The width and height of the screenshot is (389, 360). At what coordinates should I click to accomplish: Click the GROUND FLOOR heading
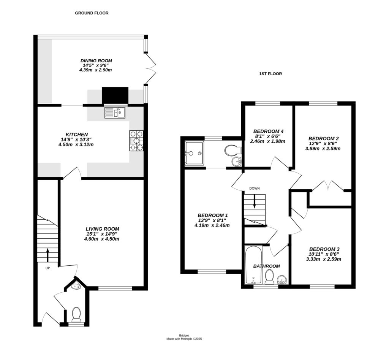click(x=92, y=13)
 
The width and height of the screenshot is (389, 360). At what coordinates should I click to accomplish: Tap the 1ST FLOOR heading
click(x=268, y=74)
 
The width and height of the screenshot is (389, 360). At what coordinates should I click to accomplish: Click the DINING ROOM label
click(x=96, y=60)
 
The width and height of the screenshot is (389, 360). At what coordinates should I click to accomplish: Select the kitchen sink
click(x=115, y=113)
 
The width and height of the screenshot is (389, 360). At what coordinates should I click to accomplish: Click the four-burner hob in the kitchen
click(x=137, y=141)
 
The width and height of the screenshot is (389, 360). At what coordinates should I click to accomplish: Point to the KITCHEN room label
click(x=77, y=135)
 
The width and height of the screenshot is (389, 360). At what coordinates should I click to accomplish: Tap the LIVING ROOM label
click(x=102, y=229)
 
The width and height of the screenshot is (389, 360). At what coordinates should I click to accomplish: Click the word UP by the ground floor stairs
click(x=47, y=268)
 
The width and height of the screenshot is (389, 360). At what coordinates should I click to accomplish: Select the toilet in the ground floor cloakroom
click(x=76, y=314)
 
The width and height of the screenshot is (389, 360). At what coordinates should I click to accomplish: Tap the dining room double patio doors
click(x=151, y=68)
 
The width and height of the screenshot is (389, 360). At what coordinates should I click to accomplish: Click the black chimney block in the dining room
click(x=115, y=95)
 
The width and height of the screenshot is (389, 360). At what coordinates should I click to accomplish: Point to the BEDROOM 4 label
click(x=269, y=132)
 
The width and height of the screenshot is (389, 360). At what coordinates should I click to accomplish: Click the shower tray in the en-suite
click(x=194, y=153)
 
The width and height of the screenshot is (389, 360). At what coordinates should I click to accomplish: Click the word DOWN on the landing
click(x=255, y=188)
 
